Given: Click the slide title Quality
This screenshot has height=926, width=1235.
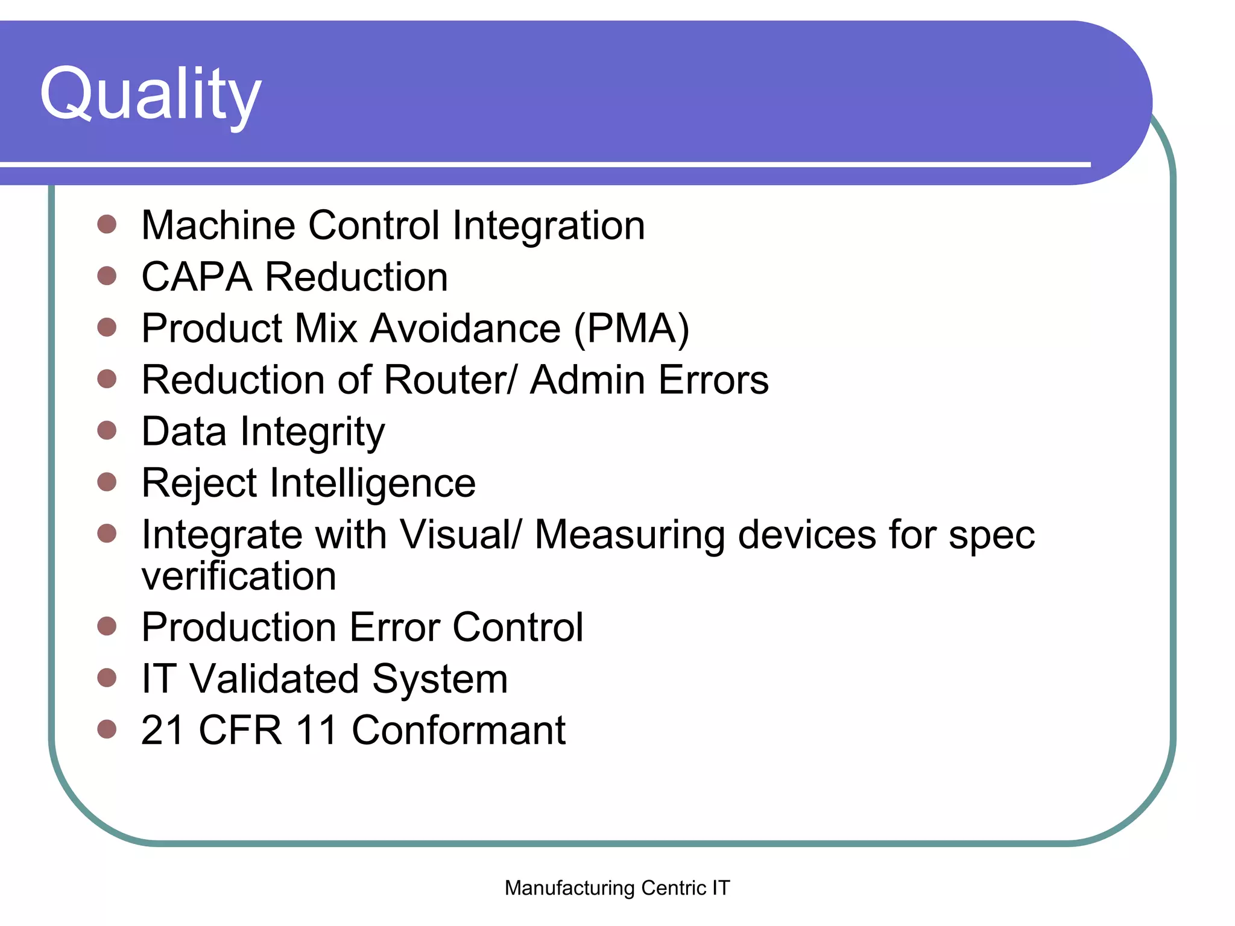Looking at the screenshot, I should (150, 95).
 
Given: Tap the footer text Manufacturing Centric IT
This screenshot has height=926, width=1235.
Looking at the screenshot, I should (617, 887).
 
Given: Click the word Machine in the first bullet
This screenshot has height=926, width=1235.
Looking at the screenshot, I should (218, 225).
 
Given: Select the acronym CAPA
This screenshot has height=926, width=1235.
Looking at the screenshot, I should (197, 277).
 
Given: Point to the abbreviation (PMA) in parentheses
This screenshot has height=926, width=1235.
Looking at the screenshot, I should (631, 329).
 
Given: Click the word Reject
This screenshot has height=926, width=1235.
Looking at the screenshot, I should (199, 484).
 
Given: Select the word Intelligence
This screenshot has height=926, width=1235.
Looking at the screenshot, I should (373, 484).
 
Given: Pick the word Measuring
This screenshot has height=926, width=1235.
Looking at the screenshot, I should (630, 535).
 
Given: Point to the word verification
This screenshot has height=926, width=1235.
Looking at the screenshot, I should (239, 576).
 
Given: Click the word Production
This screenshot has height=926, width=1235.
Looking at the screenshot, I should (239, 628).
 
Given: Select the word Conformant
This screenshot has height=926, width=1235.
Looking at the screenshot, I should (458, 731).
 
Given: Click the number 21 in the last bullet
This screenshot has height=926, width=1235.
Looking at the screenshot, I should (162, 731).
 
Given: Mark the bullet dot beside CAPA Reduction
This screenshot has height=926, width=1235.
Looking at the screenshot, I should (107, 276).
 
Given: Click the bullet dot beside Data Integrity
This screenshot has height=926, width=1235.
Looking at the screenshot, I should (107, 430).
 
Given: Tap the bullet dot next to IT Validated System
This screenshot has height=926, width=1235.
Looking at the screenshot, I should (107, 678).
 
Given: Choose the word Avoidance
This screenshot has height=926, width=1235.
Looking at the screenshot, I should (465, 329).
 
